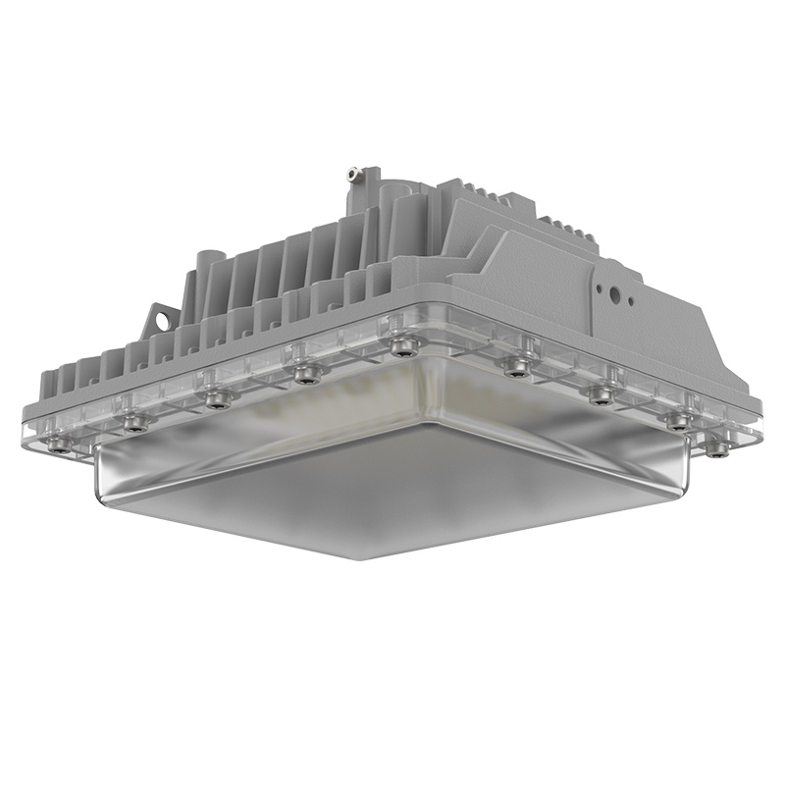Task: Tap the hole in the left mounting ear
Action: [x=159, y=318]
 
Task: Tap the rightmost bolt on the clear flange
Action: [x=718, y=449]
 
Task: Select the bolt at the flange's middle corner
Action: [x=401, y=346]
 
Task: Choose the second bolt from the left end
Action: [x=135, y=423]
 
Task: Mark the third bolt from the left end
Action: [x=217, y=398]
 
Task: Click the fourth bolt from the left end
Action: [x=308, y=373]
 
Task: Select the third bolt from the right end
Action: [x=601, y=394]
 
